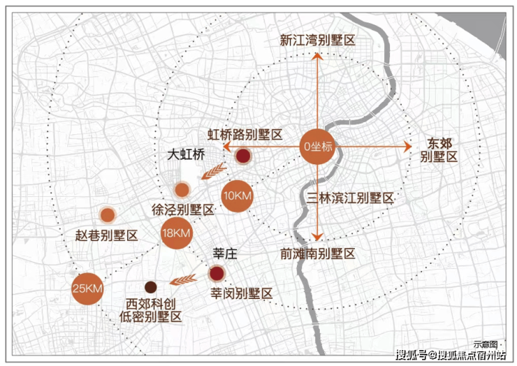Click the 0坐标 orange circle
317,147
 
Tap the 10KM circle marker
238,196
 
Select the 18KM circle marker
176,233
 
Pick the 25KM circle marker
88,289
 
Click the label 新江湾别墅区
317,41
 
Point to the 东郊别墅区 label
439,150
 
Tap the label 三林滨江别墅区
350,198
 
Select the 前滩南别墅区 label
317,254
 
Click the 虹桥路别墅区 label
245,135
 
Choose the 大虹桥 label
187,154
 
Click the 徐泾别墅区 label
183,210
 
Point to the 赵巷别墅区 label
106,235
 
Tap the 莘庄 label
225,254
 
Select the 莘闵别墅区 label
242,293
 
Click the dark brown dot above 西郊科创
151,287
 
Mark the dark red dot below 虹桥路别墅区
243,156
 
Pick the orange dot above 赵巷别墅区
108,215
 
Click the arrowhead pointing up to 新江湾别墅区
317,57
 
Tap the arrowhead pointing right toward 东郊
408,147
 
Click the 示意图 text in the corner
486,344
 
